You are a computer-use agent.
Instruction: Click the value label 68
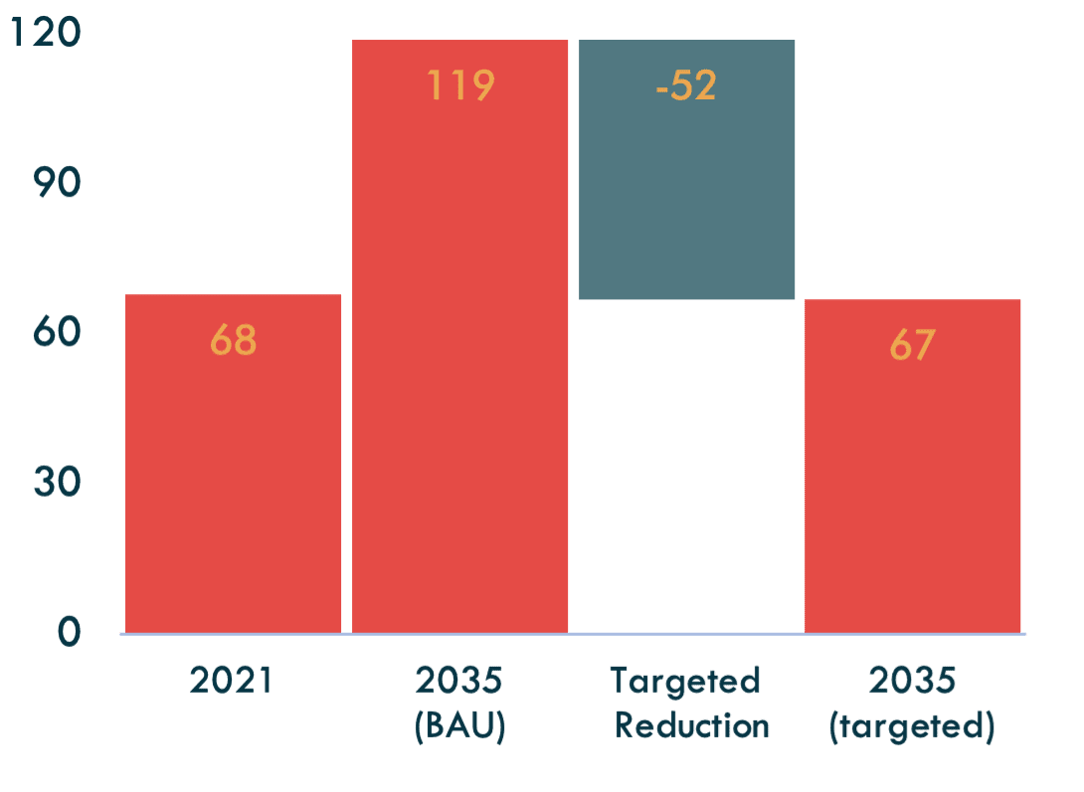coord(233,341)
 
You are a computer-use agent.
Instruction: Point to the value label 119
coord(459,85)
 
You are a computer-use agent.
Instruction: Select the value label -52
coord(686,85)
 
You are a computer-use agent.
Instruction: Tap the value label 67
coord(912,345)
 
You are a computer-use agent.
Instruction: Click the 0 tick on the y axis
coord(68,632)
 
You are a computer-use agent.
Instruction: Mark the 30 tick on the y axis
coord(57,482)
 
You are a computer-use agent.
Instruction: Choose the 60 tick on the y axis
coord(57,332)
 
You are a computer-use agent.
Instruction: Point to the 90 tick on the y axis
coord(57,183)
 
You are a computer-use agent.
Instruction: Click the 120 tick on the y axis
coord(44,35)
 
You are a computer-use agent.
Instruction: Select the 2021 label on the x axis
coord(231,681)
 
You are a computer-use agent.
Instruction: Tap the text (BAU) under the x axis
coord(459,725)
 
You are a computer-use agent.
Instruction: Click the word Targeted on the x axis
coord(685,681)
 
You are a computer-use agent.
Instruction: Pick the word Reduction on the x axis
coord(691,725)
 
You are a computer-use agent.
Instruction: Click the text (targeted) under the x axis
coord(912,726)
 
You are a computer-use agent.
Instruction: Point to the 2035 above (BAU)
coord(459,681)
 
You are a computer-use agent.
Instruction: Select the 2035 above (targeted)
coord(912,681)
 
